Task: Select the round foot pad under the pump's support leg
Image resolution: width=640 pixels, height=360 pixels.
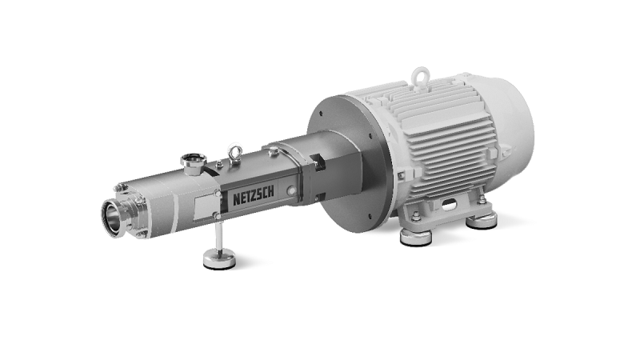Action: pos(219,259)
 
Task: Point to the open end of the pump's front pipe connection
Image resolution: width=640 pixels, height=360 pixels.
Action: pos(110,217)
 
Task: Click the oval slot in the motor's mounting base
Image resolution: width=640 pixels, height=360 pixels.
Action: pos(450,203)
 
